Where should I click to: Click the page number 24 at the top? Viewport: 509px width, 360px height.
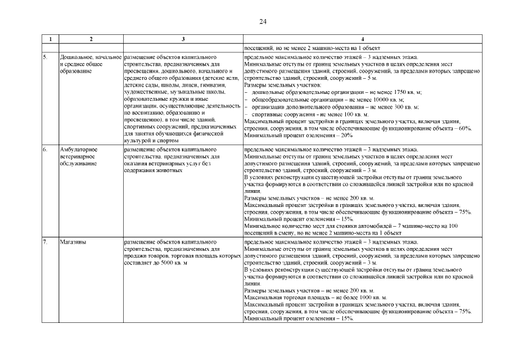point(263,21)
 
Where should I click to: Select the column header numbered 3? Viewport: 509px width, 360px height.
point(183,39)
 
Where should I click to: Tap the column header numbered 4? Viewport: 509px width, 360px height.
point(362,39)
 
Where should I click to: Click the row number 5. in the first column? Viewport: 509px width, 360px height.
point(45,57)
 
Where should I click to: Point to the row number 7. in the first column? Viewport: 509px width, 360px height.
point(45,242)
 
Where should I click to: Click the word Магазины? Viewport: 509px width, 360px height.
point(71,242)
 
